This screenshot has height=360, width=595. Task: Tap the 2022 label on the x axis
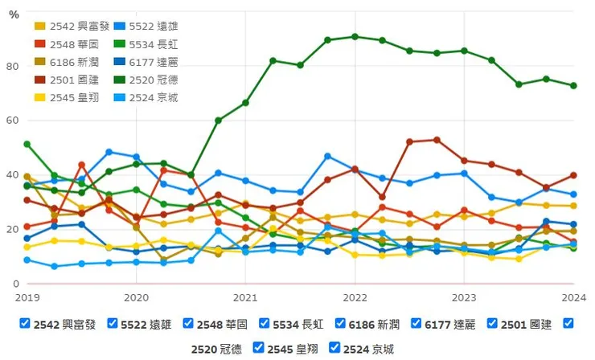355,296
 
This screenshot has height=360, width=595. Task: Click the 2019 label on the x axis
27,296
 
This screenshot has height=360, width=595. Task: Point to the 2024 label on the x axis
573,296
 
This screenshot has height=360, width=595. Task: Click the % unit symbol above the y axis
14,14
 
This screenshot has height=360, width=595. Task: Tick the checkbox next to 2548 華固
188,324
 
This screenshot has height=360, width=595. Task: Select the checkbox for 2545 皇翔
258,348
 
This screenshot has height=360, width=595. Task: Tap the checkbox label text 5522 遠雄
144,325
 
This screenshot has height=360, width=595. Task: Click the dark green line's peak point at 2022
355,36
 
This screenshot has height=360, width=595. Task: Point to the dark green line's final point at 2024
573,86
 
